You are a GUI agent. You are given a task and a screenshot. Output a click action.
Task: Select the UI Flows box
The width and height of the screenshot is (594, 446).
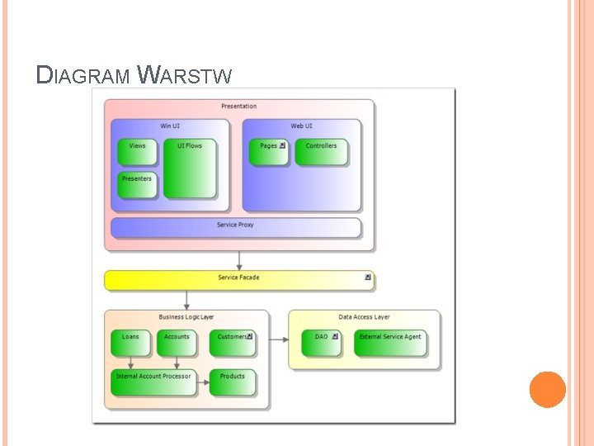pyautogui.click(x=189, y=168)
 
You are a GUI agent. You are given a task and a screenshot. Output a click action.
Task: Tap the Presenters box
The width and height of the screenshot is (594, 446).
pyautogui.click(x=137, y=185)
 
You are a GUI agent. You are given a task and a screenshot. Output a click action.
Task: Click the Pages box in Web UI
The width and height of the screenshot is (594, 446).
pyautogui.click(x=269, y=152)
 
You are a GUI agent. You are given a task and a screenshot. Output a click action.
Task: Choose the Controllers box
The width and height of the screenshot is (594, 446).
pyautogui.click(x=321, y=152)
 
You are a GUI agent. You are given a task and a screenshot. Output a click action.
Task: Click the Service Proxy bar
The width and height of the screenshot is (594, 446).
pyautogui.click(x=236, y=227)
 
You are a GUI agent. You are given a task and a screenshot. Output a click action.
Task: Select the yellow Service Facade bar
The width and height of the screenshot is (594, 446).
pyautogui.click(x=238, y=279)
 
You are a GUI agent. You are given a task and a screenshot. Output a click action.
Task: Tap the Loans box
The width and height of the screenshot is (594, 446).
pyautogui.click(x=130, y=343)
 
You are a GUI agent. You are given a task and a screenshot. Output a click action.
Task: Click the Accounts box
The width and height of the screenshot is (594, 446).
pyautogui.click(x=177, y=343)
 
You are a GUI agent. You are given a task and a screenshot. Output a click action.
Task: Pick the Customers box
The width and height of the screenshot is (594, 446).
pyautogui.click(x=233, y=343)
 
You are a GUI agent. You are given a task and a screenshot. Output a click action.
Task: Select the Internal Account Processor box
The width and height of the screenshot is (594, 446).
pyautogui.click(x=154, y=382)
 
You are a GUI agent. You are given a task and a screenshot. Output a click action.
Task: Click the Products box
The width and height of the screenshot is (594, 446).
pyautogui.click(x=233, y=382)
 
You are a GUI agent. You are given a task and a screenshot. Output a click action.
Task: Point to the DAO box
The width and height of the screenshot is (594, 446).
pyautogui.click(x=321, y=343)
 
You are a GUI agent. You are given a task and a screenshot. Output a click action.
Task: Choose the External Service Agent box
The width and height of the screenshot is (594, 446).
pyautogui.click(x=390, y=343)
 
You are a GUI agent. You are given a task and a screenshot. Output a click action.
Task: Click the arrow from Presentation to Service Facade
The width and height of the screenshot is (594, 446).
pyautogui.click(x=239, y=260)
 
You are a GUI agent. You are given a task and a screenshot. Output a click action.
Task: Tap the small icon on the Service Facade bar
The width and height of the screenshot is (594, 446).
pyautogui.click(x=367, y=278)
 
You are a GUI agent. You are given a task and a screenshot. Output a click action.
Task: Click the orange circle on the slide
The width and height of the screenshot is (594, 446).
pyautogui.click(x=547, y=390)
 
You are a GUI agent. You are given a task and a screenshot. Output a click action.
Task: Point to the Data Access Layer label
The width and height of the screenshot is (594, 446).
pyautogui.click(x=364, y=317)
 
